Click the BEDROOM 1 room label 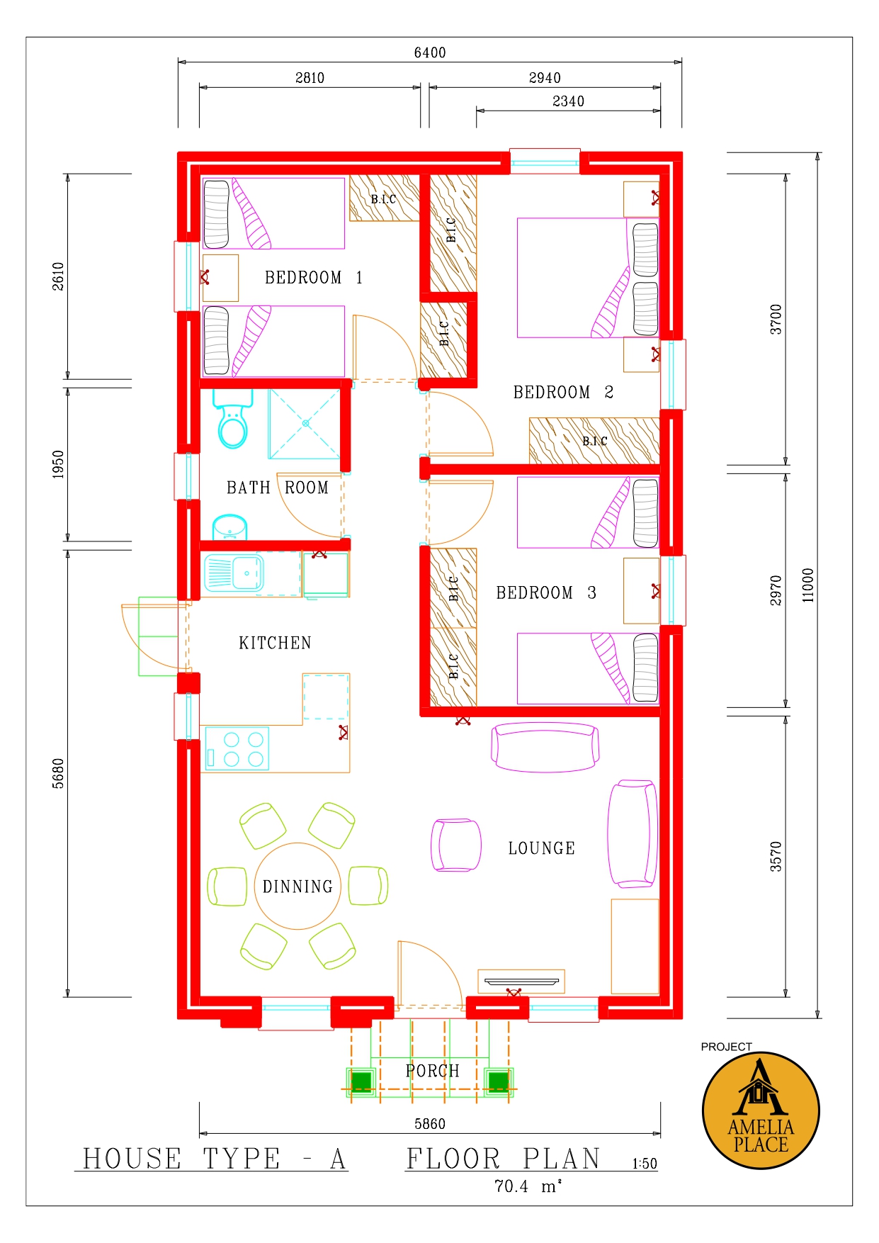[x=314, y=278]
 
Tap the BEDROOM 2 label [x=563, y=393]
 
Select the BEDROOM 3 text [x=546, y=593]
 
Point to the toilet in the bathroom [x=232, y=419]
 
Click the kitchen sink [x=234, y=573]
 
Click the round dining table [x=297, y=886]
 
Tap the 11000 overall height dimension [x=808, y=585]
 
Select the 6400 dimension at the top [x=430, y=52]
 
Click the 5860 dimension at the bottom [x=430, y=1124]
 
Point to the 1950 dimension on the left [x=58, y=464]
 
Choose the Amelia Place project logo [x=761, y=1110]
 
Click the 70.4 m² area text [x=528, y=1186]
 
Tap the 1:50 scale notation [x=645, y=1164]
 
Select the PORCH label [x=433, y=1071]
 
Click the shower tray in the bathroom [x=305, y=424]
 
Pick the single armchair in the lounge [x=456, y=845]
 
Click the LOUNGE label [x=542, y=848]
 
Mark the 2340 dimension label [x=568, y=101]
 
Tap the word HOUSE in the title [x=132, y=1159]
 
